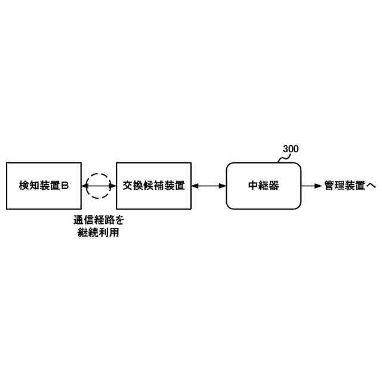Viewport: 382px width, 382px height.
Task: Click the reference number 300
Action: [291, 149]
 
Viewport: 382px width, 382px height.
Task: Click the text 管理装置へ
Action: [350, 186]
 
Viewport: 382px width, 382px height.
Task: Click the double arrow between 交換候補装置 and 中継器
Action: [210, 186]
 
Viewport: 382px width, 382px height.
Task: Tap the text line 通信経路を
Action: [99, 220]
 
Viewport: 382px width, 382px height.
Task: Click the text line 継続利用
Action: [99, 233]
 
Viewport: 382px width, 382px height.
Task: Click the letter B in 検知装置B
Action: [66, 186]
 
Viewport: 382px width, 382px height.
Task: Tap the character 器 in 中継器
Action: [275, 186]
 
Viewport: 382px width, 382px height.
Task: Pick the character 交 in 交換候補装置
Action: [127, 186]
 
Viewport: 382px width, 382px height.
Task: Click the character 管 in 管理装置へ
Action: [329, 186]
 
